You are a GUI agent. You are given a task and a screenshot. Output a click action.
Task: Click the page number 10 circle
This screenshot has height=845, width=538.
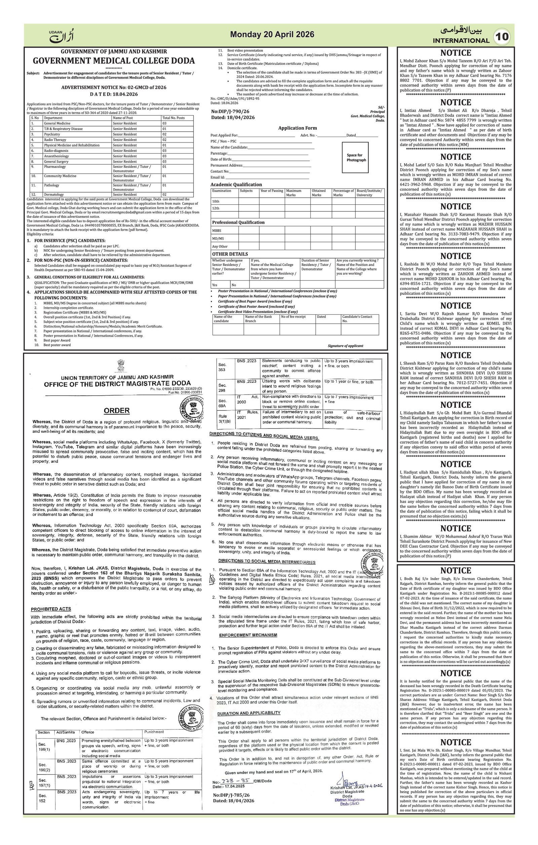[503, 37]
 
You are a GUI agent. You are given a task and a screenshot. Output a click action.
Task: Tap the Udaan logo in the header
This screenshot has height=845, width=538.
[62, 35]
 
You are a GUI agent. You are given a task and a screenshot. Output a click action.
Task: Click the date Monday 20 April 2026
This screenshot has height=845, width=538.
[272, 34]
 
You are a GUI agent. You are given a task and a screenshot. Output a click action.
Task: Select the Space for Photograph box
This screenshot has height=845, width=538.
[355, 158]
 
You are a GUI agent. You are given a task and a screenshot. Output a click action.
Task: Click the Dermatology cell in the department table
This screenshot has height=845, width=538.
[54, 194]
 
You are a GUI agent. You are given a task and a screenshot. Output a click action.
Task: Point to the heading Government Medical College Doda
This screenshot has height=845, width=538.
[114, 61]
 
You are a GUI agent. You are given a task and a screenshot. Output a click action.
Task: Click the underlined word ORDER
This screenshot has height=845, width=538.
[117, 411]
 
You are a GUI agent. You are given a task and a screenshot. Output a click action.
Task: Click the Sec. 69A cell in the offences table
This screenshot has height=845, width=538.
[222, 403]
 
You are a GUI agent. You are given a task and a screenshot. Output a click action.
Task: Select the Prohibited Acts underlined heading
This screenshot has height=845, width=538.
[51, 609]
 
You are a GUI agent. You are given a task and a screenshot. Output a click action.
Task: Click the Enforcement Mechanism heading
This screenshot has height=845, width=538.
[248, 635]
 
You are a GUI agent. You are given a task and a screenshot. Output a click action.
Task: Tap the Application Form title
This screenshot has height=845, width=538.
[297, 128]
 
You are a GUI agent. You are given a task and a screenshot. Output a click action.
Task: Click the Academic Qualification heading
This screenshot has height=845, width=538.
[236, 185]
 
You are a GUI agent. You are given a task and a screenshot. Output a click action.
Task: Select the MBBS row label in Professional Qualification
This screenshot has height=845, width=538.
[217, 231]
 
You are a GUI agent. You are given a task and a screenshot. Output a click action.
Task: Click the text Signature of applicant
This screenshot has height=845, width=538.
[345, 346]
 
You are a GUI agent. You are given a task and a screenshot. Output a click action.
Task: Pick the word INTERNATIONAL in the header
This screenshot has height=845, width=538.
[461, 41]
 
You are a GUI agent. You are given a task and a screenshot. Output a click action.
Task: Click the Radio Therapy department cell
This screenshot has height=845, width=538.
[55, 140]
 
